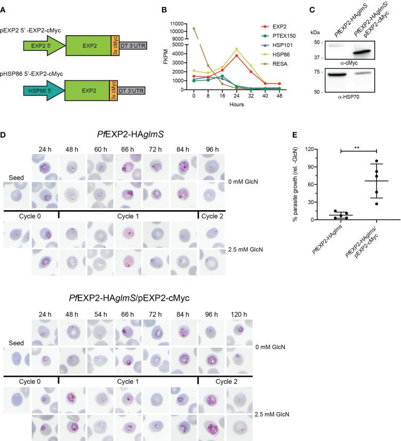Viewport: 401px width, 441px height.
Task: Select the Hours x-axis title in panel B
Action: coord(223,105)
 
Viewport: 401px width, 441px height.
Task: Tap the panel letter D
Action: coord(4,131)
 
